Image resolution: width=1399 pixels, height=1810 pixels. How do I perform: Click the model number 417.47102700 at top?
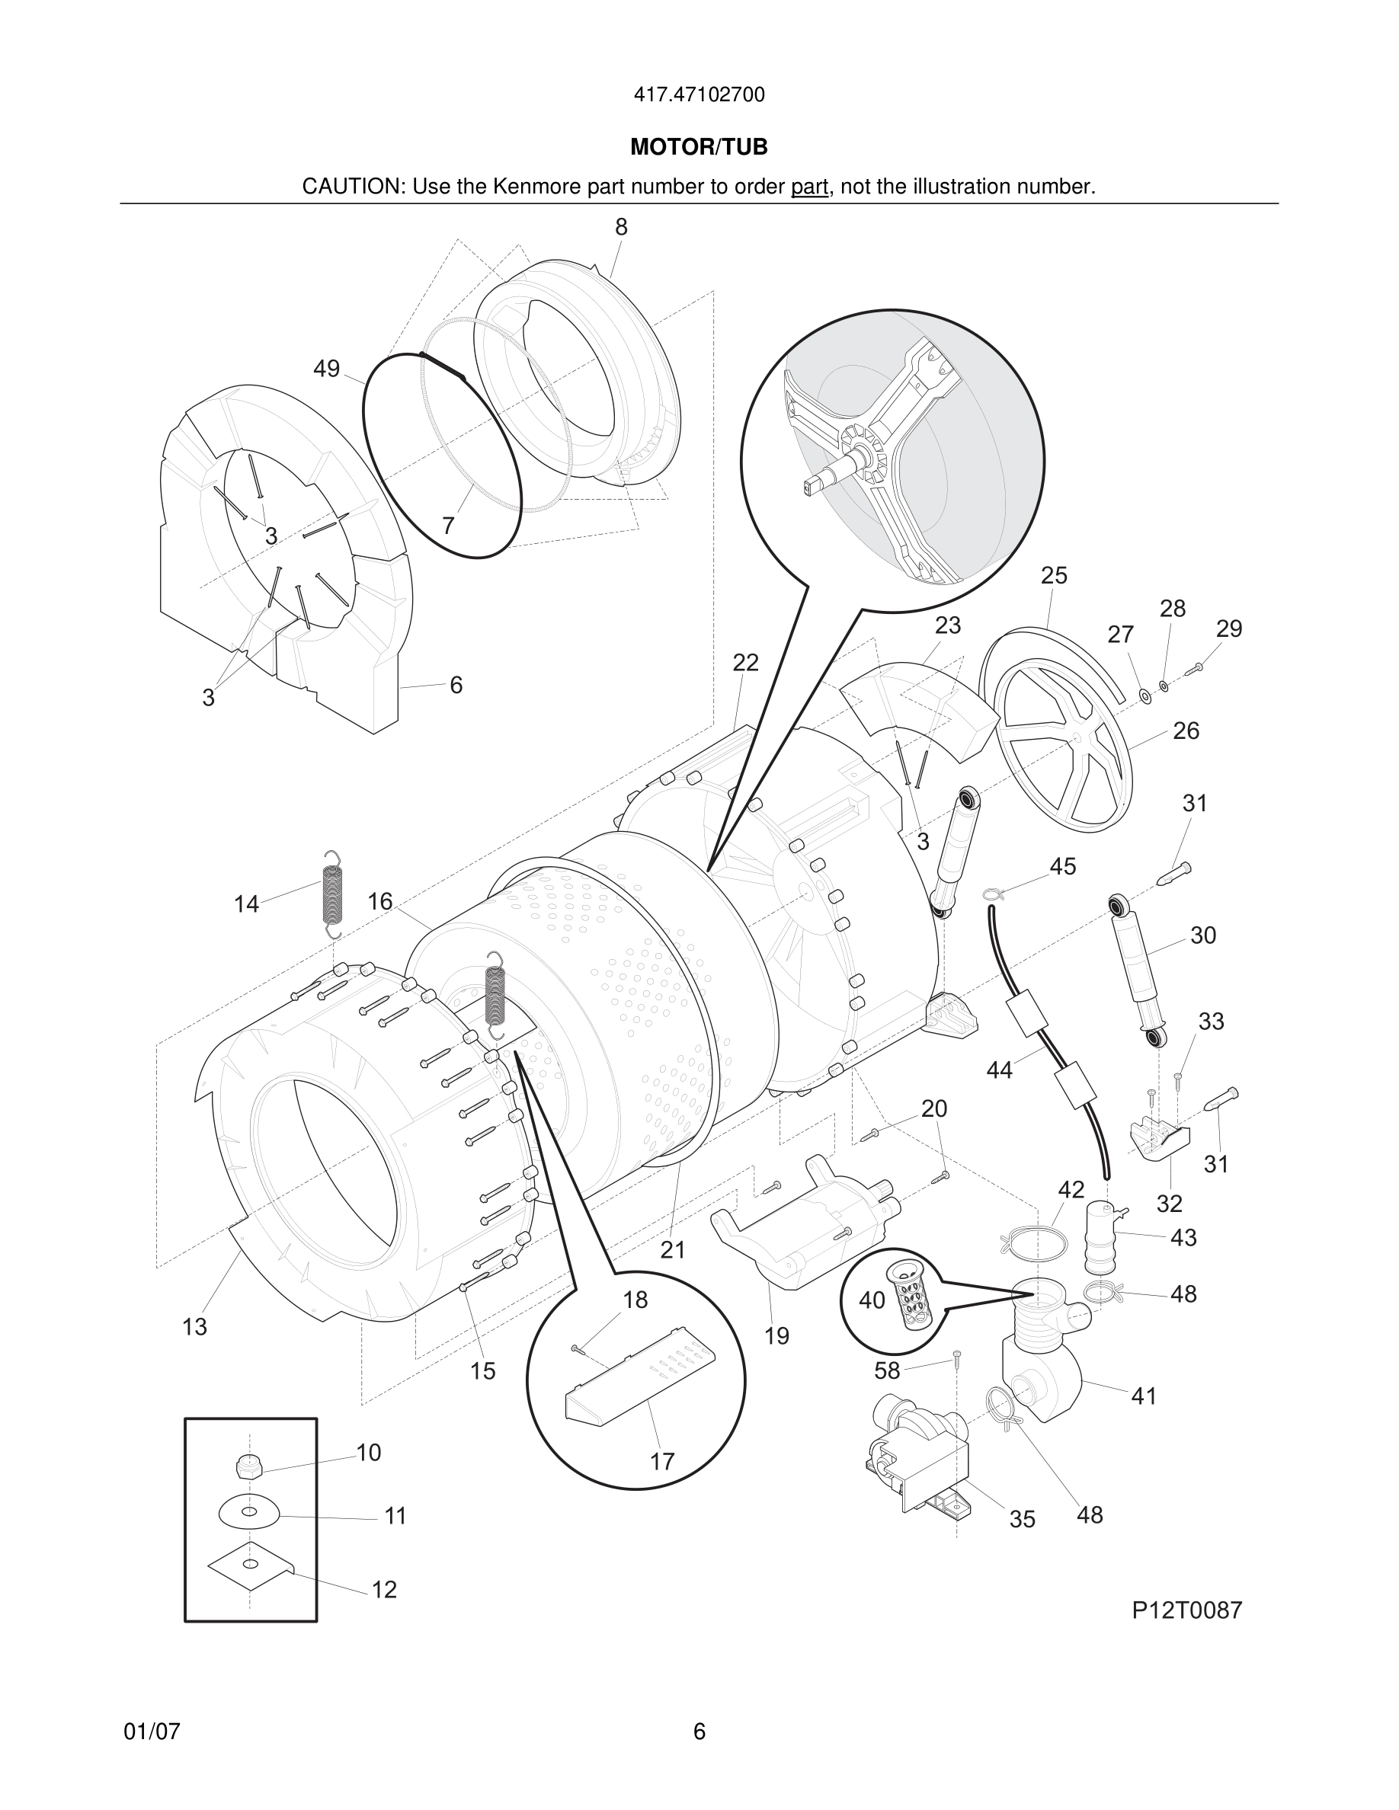pyautogui.click(x=699, y=95)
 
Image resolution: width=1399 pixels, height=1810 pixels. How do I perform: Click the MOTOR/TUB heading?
pyautogui.click(x=699, y=148)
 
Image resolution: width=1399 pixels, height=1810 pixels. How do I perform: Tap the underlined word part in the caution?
pyautogui.click(x=809, y=187)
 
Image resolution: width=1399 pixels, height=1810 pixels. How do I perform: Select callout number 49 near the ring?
pyautogui.click(x=327, y=369)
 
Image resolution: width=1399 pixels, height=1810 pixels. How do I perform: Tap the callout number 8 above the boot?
pyautogui.click(x=621, y=227)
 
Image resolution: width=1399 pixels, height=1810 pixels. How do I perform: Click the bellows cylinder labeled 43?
pyautogui.click(x=1100, y=1236)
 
